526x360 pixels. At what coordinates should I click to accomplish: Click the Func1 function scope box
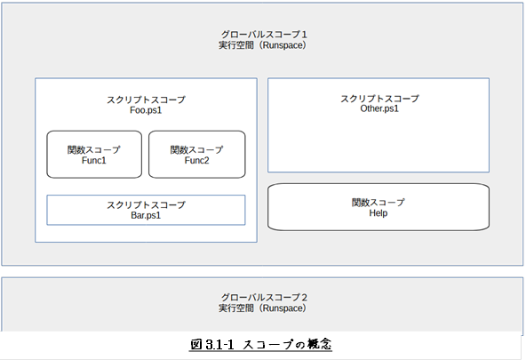coord(94,155)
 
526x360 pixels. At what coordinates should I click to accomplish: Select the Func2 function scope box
coord(197,155)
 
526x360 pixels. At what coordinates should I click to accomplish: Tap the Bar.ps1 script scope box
coord(146,210)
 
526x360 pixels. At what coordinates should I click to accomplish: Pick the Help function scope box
coord(379,207)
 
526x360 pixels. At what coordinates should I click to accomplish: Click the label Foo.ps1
coord(146,110)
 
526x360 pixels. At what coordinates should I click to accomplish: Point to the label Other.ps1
coord(379,108)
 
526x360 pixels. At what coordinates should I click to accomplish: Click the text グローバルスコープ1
coord(264,34)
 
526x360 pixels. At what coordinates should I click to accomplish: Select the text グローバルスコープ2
coord(264,297)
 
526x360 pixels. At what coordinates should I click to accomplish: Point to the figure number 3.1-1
coord(219,345)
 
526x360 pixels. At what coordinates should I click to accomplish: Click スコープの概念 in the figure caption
coord(287,344)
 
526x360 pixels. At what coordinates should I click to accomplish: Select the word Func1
coord(94,160)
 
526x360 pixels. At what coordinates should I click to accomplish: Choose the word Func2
coord(197,160)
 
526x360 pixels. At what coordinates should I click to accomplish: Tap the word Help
coord(379,213)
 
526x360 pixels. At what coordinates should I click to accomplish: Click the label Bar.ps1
coord(146,215)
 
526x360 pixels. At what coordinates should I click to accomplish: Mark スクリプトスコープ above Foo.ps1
coord(146,100)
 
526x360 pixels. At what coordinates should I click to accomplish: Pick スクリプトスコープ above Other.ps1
coord(379,99)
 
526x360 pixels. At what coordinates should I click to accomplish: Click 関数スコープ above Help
coord(379,203)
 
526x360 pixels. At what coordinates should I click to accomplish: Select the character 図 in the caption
coord(195,344)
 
